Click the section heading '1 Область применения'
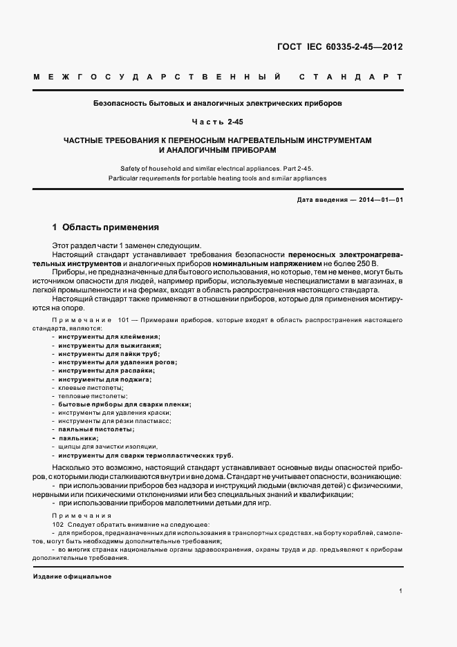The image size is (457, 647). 106,227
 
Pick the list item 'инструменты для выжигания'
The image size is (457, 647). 109,345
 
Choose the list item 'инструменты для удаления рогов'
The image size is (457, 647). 117,362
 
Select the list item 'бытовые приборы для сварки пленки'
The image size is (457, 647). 124,404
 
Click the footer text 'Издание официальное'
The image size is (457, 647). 72,576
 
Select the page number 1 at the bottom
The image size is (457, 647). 400,591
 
